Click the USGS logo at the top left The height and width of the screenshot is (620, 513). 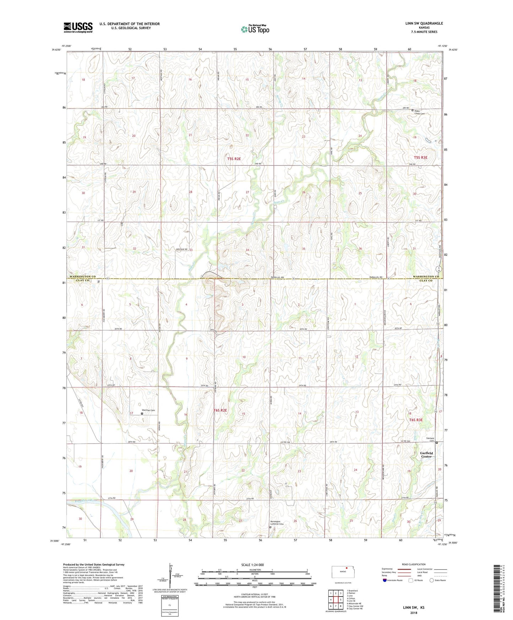(x=78, y=27)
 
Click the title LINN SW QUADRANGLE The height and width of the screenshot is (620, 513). (x=424, y=23)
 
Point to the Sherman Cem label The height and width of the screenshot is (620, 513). (x=148, y=410)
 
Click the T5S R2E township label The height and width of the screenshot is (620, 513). (x=234, y=159)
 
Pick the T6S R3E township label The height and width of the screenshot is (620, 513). (x=416, y=420)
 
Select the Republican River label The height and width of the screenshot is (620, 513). (x=86, y=501)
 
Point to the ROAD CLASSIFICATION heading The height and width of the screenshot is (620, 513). (x=413, y=564)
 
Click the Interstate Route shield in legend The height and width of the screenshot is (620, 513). (x=385, y=580)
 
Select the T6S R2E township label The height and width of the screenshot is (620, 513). (x=220, y=410)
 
